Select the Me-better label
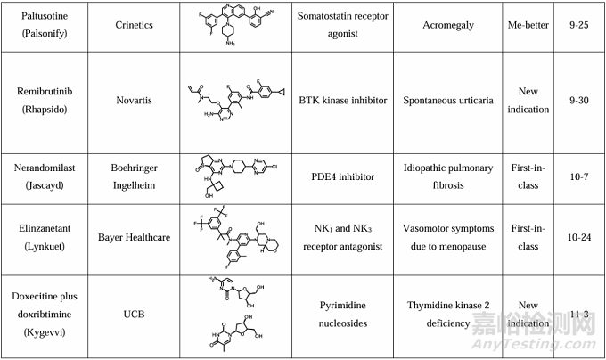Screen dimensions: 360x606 coord(527,24)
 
